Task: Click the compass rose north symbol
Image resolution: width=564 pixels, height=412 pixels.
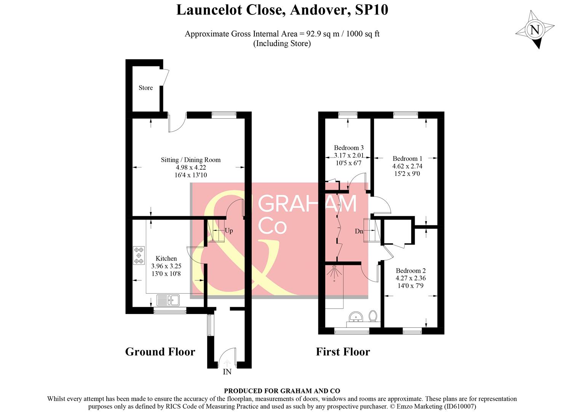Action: pos(535,30)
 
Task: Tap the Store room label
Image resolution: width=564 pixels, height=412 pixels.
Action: pos(145,88)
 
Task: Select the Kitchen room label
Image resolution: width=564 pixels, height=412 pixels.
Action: pos(166,259)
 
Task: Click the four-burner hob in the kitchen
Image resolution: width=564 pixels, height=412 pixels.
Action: pos(139,256)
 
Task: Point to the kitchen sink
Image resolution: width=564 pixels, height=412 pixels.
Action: pos(168,300)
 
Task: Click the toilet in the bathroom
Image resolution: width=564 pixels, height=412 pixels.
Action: pos(373,316)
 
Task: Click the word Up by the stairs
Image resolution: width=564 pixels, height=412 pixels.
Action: pos(229,231)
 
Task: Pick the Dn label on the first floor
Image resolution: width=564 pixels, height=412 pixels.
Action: pos(359,231)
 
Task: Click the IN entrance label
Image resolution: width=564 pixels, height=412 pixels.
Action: pos(227,372)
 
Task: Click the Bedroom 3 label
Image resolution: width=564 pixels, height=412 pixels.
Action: pos(348,148)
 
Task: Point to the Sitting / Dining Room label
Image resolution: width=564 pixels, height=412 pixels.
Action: pos(190,160)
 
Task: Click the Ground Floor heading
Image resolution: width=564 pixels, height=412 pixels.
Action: pos(160,352)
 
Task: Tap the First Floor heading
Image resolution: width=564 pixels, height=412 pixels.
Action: pos(343,352)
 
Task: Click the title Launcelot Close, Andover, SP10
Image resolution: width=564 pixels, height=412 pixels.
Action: pos(282,10)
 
